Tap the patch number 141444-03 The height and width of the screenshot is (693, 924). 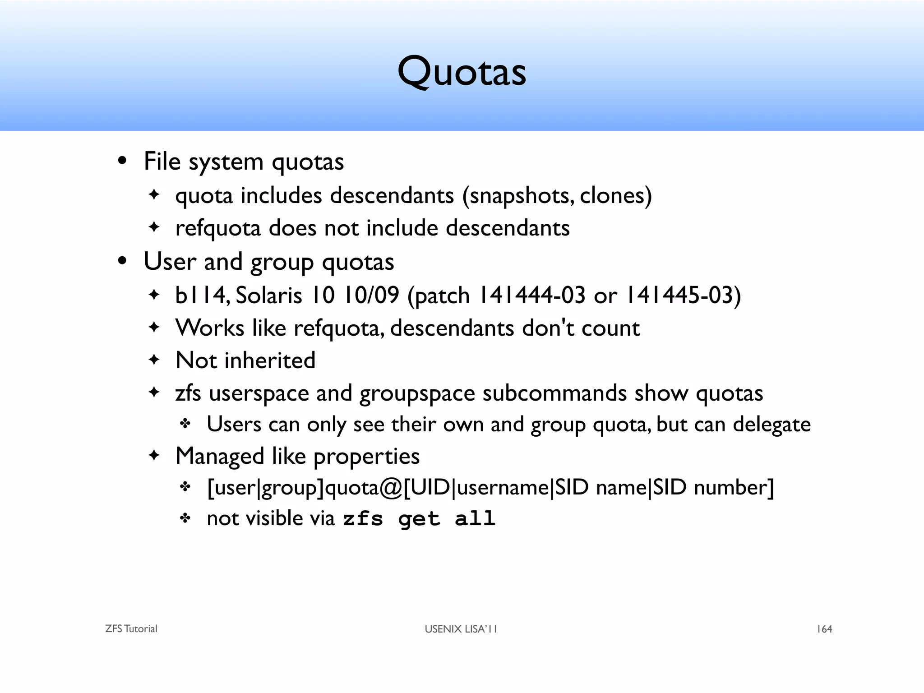tap(531, 296)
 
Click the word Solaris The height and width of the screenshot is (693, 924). tap(269, 296)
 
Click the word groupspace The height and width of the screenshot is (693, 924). tap(417, 393)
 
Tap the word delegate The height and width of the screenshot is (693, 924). tap(772, 425)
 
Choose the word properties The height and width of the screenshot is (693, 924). tap(366, 457)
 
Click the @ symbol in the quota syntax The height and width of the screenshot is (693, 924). tap(391, 488)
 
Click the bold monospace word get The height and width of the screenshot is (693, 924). tap(419, 519)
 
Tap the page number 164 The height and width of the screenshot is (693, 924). tap(824, 629)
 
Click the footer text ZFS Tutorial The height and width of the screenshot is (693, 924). tap(131, 629)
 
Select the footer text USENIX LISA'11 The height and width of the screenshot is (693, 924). tap(461, 629)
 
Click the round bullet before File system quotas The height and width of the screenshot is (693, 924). tap(122, 162)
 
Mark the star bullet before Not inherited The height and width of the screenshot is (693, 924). tap(154, 360)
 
